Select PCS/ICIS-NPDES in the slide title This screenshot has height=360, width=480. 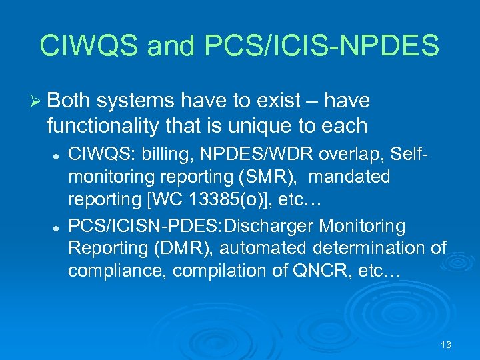coord(319,46)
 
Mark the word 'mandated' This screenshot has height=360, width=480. coord(349,178)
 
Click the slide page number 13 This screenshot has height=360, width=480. coord(446,345)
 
